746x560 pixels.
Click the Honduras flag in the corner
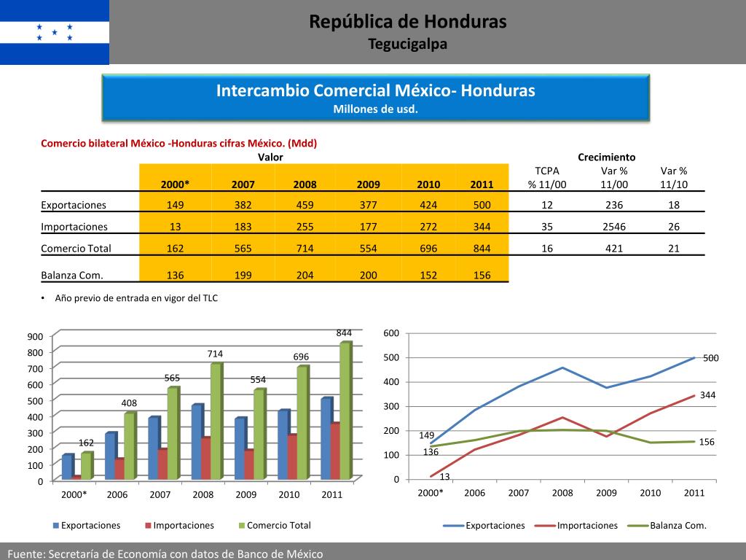[55, 32]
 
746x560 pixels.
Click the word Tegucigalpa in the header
[407, 44]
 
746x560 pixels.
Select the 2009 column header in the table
[369, 184]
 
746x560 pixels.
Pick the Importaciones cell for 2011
[482, 227]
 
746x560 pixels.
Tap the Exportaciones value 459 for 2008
[305, 205]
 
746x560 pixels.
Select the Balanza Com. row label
[72, 276]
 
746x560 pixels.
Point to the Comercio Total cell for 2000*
[176, 249]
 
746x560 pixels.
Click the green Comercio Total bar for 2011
[345, 410]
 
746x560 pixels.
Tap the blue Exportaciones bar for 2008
[196, 441]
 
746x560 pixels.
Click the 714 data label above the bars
[215, 354]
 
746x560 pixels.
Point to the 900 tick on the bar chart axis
[36, 336]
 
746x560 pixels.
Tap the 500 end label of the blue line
[711, 358]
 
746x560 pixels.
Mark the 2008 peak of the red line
[562, 417]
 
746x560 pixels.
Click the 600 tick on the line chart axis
[391, 334]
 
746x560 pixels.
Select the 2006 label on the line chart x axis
[474, 493]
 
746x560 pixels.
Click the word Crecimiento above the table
[606, 157]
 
